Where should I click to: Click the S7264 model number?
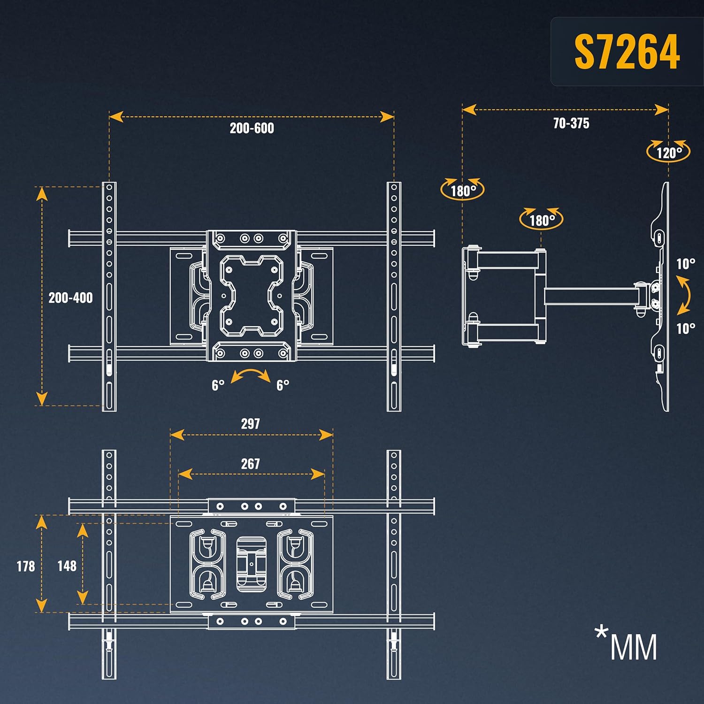click(x=627, y=52)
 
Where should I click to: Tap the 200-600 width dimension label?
click(x=252, y=128)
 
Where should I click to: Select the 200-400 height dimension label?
click(x=70, y=298)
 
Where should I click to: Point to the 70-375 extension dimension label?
click(x=571, y=123)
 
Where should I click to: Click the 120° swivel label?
click(x=669, y=153)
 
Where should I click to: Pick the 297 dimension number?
click(x=250, y=424)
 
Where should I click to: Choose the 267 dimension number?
click(x=250, y=464)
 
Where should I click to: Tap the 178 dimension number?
click(x=26, y=566)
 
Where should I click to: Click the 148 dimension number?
click(x=67, y=566)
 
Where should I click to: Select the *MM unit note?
click(x=626, y=643)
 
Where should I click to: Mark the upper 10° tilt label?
click(x=686, y=264)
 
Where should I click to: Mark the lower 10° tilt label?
click(x=686, y=328)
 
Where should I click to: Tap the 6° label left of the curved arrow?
click(x=218, y=385)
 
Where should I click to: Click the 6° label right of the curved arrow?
click(x=283, y=385)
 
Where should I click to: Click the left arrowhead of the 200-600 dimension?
click(x=116, y=116)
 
